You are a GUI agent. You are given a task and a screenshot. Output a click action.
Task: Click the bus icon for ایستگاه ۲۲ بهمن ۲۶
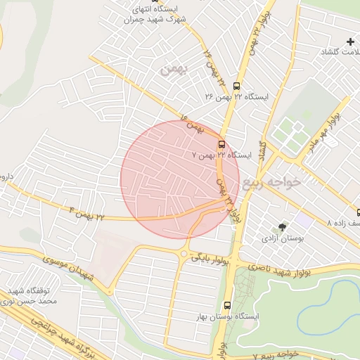click(x=236, y=86)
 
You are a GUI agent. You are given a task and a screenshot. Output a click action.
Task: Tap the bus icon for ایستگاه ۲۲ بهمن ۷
click(x=222, y=143)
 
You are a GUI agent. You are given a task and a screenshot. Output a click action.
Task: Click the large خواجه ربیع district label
click(x=271, y=183)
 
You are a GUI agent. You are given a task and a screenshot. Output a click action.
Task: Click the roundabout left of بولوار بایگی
click(x=184, y=255)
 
